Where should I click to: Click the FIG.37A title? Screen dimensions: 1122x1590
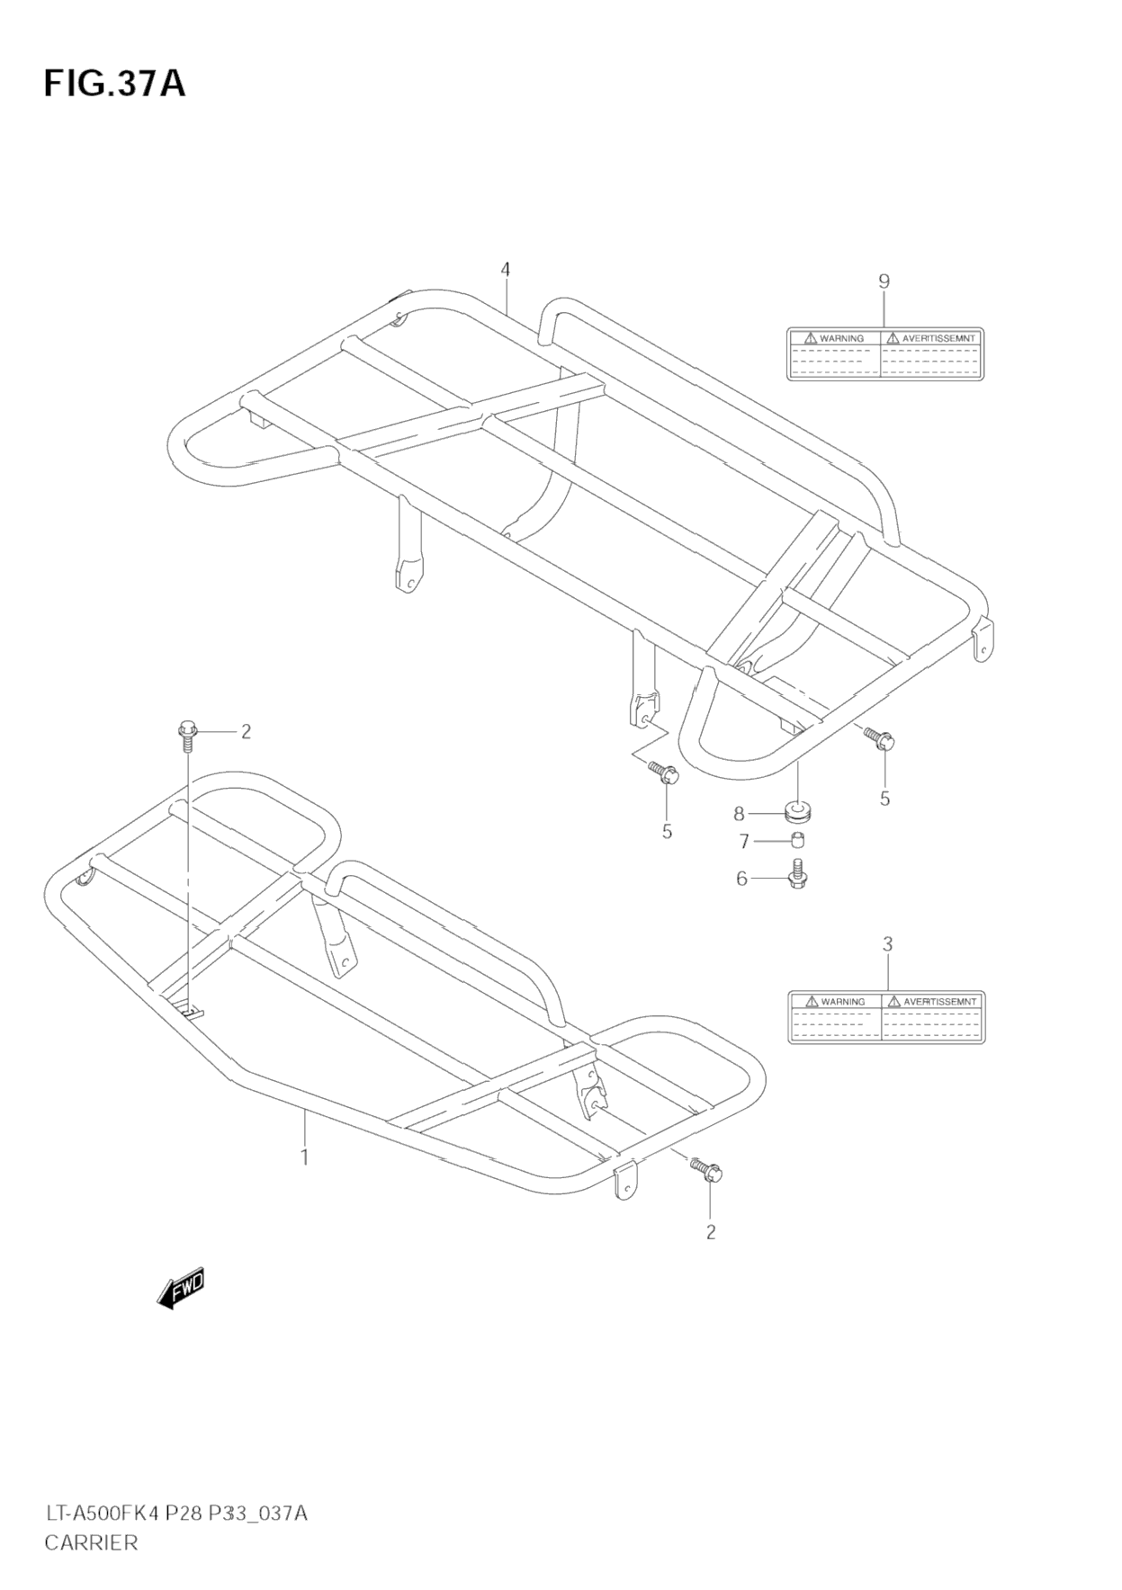(x=114, y=83)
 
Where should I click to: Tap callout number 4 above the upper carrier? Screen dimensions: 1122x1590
(x=506, y=269)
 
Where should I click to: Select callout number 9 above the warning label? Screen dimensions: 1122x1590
(x=884, y=281)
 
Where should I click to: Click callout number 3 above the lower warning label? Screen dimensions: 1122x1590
(x=887, y=944)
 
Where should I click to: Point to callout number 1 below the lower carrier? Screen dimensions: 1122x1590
(x=305, y=1157)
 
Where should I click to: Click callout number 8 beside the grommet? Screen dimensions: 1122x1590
(x=740, y=814)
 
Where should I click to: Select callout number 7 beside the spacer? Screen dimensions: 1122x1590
(x=744, y=842)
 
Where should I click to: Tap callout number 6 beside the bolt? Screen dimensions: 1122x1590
(x=742, y=878)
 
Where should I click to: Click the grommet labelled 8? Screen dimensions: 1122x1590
(x=798, y=813)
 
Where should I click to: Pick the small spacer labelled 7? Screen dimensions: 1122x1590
(x=797, y=841)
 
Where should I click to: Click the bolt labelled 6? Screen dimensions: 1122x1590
(x=798, y=874)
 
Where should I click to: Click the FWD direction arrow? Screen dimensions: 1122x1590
(x=181, y=1289)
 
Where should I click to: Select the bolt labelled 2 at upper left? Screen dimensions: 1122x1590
(x=188, y=733)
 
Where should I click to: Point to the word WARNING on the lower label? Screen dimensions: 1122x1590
(x=842, y=1001)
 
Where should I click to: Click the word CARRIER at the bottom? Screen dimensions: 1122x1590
(x=91, y=1542)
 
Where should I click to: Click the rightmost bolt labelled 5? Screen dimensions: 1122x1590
(x=879, y=738)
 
